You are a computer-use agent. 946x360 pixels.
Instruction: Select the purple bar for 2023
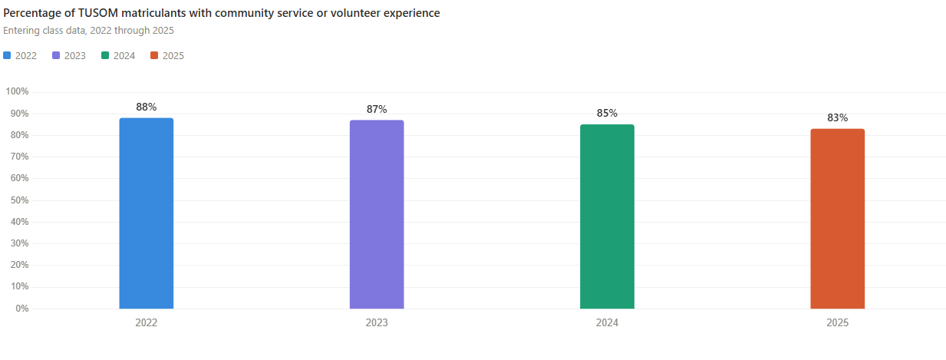click(377, 214)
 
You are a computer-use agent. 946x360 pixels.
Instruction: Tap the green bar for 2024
click(607, 216)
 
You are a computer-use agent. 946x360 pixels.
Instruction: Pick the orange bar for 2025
click(837, 219)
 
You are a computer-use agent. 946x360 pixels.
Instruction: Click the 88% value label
click(146, 107)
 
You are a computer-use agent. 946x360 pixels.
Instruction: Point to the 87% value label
click(377, 110)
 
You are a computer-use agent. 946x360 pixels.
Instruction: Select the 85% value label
click(607, 114)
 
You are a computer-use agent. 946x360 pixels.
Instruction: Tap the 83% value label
click(837, 118)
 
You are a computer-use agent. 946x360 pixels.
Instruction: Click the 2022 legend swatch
click(8, 56)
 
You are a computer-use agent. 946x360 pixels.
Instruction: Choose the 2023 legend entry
click(69, 56)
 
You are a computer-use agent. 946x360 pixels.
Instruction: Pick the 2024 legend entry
click(118, 56)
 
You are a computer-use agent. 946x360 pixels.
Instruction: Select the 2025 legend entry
click(167, 56)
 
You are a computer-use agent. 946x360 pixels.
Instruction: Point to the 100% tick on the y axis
click(17, 91)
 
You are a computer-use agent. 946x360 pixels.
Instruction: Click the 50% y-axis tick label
click(19, 200)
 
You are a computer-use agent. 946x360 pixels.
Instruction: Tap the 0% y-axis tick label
click(21, 309)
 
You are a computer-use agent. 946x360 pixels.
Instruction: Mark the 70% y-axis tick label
click(19, 157)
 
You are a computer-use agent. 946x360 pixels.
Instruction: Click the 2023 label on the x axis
click(377, 323)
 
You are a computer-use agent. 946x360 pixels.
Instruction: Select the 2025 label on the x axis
click(837, 323)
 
